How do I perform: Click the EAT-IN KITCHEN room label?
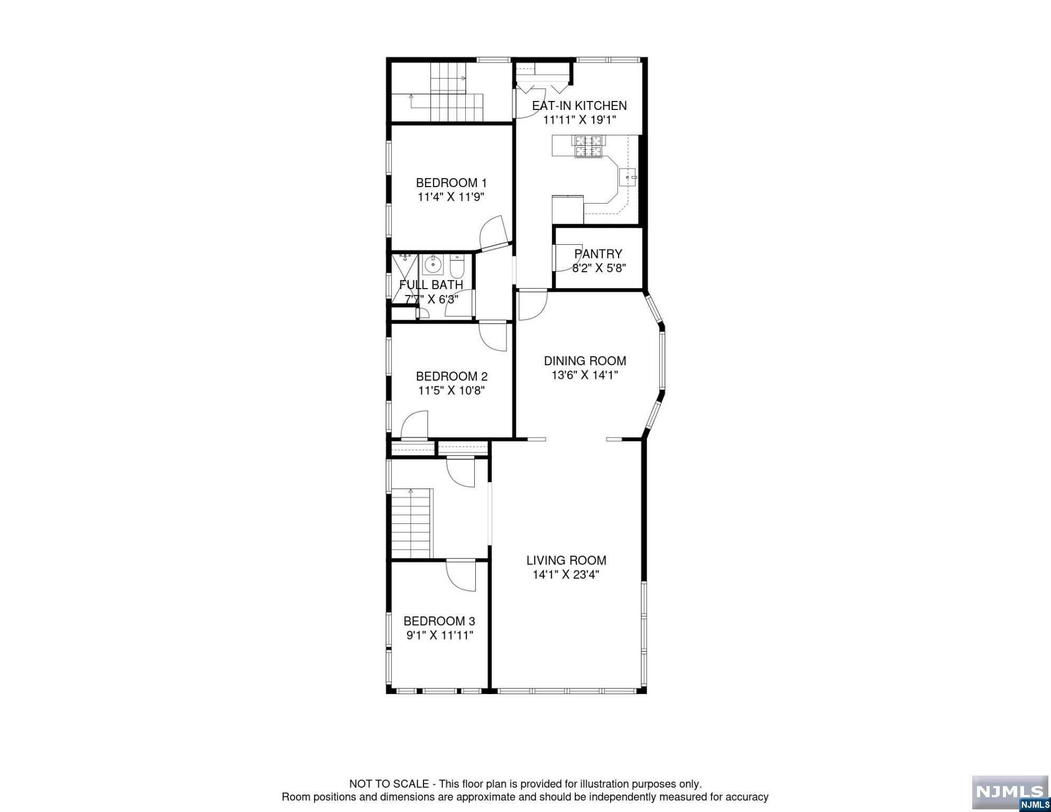[579, 106]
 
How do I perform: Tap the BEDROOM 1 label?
[451, 183]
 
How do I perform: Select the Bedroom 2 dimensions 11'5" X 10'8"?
[451, 391]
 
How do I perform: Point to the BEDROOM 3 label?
[439, 621]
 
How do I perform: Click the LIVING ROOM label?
[566, 560]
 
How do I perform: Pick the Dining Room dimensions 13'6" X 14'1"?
[584, 375]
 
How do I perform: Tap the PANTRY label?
[598, 254]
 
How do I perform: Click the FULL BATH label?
[431, 284]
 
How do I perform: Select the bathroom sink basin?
[433, 263]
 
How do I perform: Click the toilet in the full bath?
[457, 267]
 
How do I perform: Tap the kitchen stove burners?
[588, 146]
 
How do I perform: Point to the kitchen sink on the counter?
[628, 177]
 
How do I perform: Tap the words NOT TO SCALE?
[389, 784]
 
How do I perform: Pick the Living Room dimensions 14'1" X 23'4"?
[566, 575]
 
